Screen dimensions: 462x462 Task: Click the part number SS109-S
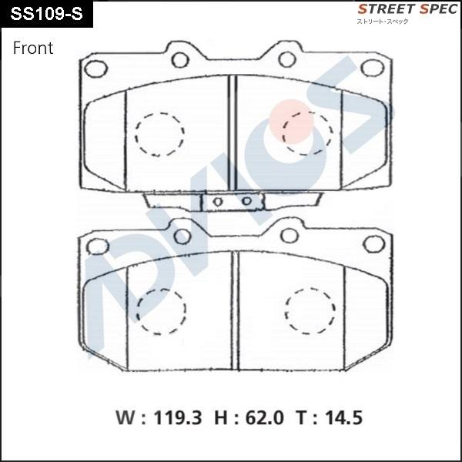pos(46,14)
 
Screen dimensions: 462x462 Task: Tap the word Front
pos(33,48)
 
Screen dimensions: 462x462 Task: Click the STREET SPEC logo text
pos(407,9)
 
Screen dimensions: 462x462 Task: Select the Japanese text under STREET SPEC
pos(383,22)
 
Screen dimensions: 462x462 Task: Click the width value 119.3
pos(178,418)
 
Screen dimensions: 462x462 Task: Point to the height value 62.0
pos(265,418)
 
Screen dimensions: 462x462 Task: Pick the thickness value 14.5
pos(343,418)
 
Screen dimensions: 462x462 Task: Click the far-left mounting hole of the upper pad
pos(95,69)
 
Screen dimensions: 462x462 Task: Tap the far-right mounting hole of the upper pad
pos(373,68)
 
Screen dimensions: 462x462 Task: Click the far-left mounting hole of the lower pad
pos(98,246)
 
